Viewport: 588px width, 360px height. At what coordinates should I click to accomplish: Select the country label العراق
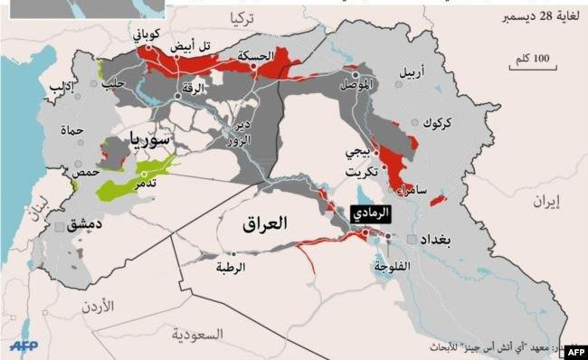point(264,223)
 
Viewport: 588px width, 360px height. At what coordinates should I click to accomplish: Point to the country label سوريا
point(150,139)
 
